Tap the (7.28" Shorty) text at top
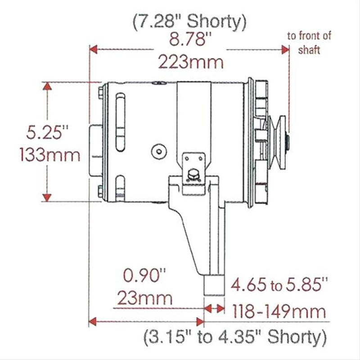tap(189, 21)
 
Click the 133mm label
tap(49, 155)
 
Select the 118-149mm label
tap(279, 310)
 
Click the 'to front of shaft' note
tap(309, 43)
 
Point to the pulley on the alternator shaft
tap(279, 131)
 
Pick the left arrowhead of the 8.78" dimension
tap(94, 49)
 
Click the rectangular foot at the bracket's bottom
tap(213, 284)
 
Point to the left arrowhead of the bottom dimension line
tap(93, 321)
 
